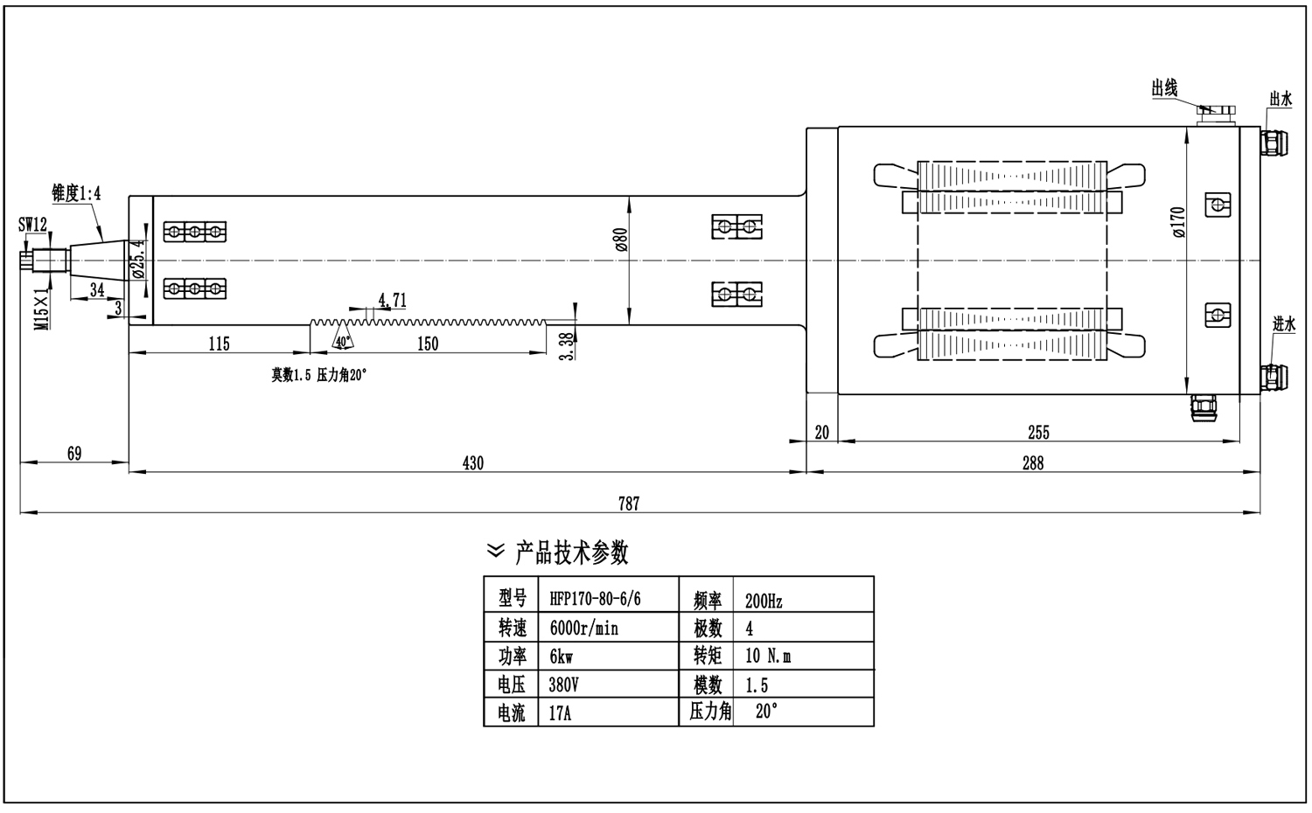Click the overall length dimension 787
click(629, 503)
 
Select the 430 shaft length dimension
click(472, 462)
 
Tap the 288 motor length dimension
click(1033, 462)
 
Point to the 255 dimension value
click(1038, 432)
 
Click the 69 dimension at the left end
click(74, 453)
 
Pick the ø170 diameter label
click(1177, 224)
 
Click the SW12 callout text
click(33, 225)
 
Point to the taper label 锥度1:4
click(76, 193)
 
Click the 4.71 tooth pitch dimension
click(392, 300)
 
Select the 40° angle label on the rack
click(341, 340)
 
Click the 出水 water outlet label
click(1281, 99)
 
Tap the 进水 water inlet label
click(1283, 324)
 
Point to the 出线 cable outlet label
click(1164, 88)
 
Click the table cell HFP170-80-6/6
click(595, 599)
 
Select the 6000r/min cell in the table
click(583, 628)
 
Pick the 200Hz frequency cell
click(764, 601)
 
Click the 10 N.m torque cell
click(768, 656)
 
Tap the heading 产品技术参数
click(571, 552)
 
